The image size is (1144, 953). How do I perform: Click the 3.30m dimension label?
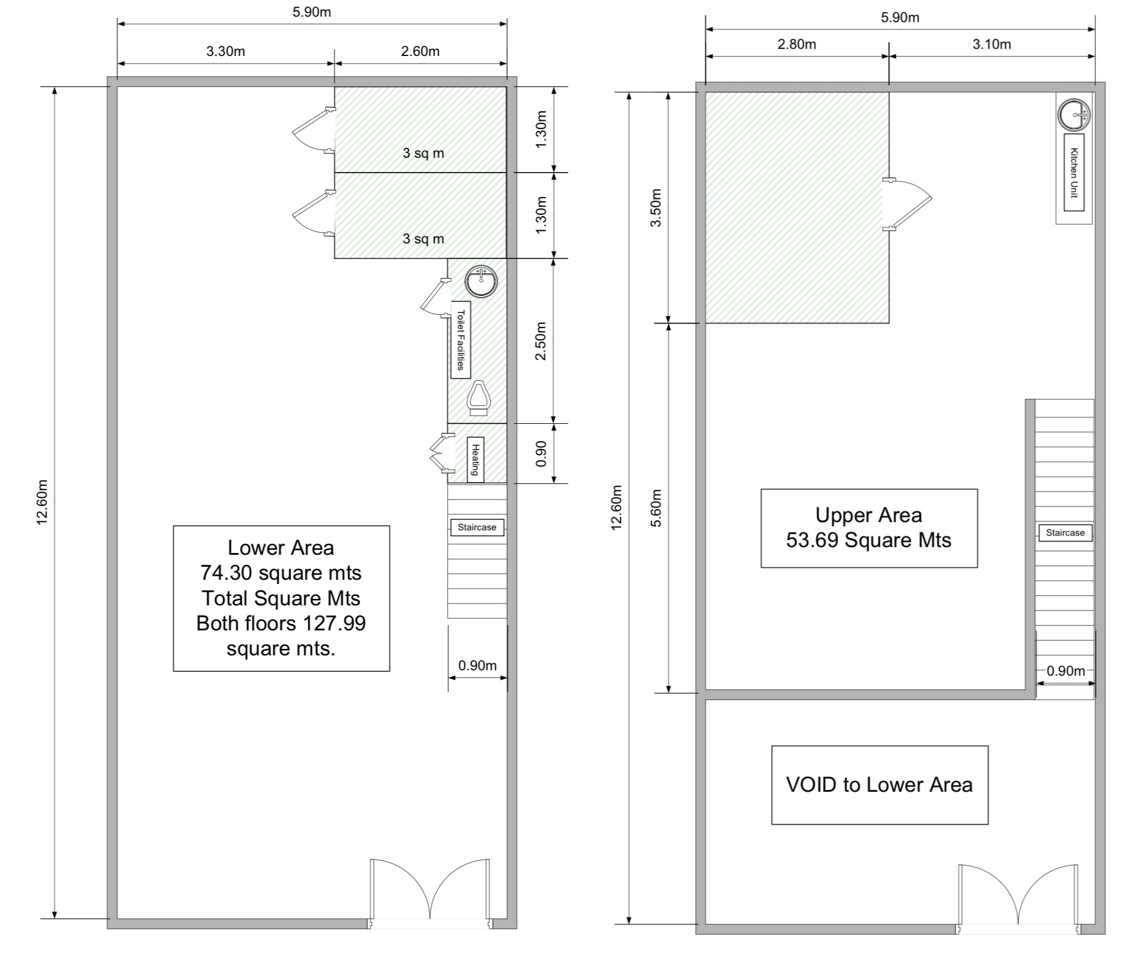point(226,51)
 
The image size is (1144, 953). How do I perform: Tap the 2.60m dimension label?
point(420,51)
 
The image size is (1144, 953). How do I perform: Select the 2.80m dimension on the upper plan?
point(796,44)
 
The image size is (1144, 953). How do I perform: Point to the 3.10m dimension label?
point(992,44)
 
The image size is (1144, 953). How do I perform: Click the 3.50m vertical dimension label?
point(656,208)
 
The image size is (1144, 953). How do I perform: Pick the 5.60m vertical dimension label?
point(656,508)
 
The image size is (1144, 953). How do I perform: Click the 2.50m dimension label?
point(541,341)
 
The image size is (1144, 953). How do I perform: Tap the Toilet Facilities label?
point(460,340)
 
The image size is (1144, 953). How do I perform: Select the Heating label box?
point(476,459)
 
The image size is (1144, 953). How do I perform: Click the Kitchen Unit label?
point(1074,173)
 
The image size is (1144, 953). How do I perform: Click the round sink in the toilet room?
point(481,281)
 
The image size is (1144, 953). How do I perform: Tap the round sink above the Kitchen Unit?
point(1074,114)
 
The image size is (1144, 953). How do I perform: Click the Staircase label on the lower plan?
point(477,527)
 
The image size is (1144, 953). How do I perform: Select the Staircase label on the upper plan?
point(1065,533)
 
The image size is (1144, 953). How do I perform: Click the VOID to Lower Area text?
point(879,785)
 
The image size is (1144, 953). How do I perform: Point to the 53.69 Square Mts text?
point(868,540)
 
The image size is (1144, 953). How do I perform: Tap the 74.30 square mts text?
point(281,573)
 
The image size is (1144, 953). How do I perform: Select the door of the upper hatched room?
point(908,204)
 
